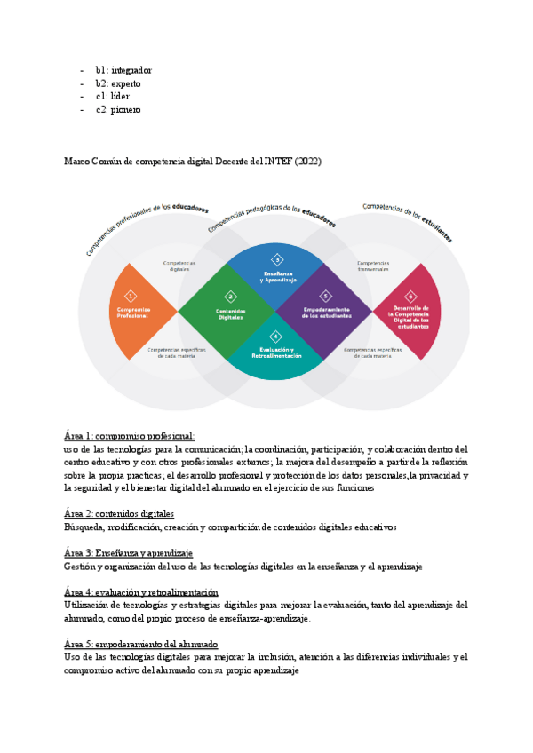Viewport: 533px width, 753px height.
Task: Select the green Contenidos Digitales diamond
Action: pyautogui.click(x=229, y=311)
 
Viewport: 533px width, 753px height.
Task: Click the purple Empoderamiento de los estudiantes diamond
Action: pyautogui.click(x=325, y=311)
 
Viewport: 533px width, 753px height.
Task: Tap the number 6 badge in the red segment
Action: pyautogui.click(x=410, y=296)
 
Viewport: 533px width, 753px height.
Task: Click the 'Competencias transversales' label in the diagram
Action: pyautogui.click(x=373, y=266)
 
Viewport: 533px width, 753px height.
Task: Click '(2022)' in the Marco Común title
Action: pyautogui.click(x=306, y=161)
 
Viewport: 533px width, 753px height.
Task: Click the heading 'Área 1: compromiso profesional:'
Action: pyautogui.click(x=129, y=436)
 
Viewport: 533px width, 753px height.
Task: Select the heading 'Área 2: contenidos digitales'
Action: pyautogui.click(x=119, y=514)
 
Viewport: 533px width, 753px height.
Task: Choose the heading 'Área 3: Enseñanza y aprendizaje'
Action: pyautogui.click(x=128, y=553)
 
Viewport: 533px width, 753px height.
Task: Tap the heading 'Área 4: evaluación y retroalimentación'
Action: pyautogui.click(x=141, y=592)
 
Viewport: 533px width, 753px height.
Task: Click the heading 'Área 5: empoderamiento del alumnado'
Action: pyautogui.click(x=141, y=644)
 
